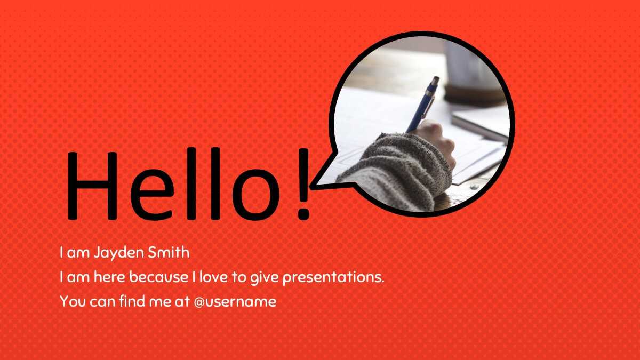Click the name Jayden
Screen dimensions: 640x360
tap(119, 253)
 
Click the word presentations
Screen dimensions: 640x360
tap(333, 277)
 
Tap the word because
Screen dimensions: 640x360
tap(158, 277)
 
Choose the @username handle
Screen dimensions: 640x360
tap(235, 302)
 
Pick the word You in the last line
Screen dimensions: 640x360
tap(73, 301)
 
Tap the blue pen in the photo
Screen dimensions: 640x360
tap(422, 105)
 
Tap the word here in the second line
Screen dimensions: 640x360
tap(109, 277)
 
